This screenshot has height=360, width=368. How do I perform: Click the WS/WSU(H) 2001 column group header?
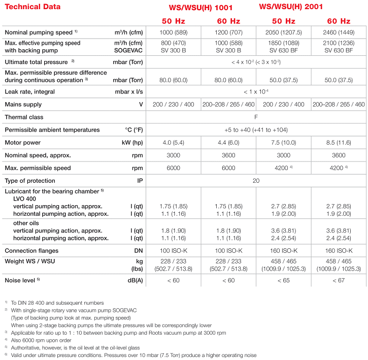coord(291,7)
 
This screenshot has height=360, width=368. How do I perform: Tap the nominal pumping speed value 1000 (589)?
coord(174,32)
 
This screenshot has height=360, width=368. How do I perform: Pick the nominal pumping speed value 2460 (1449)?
coord(339,32)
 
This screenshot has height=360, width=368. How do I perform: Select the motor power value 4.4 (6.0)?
coord(228,142)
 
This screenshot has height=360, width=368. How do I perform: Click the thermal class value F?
coord(256,117)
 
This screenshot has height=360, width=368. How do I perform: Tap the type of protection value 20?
coord(256,180)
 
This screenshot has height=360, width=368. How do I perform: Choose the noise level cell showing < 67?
coord(339,280)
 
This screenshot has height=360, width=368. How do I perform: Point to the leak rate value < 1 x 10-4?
coord(256,92)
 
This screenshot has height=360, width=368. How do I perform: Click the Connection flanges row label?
coord(31,250)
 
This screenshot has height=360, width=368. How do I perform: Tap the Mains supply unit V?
coord(141,104)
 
